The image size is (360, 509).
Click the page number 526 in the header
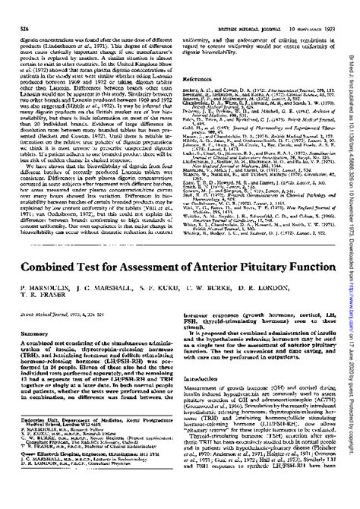click(x=13, y=7)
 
